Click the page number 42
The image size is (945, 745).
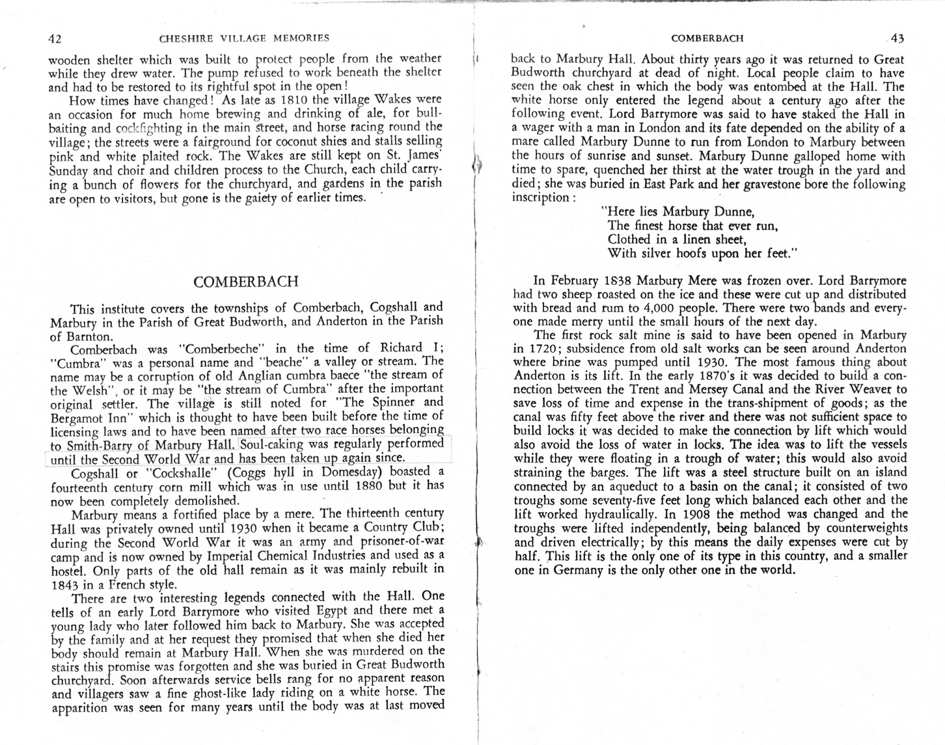pyautogui.click(x=55, y=38)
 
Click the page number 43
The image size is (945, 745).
pyautogui.click(x=897, y=38)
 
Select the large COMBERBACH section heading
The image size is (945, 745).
pyautogui.click(x=246, y=282)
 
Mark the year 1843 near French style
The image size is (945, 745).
pyautogui.click(x=66, y=584)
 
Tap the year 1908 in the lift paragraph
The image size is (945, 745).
pyautogui.click(x=690, y=513)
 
